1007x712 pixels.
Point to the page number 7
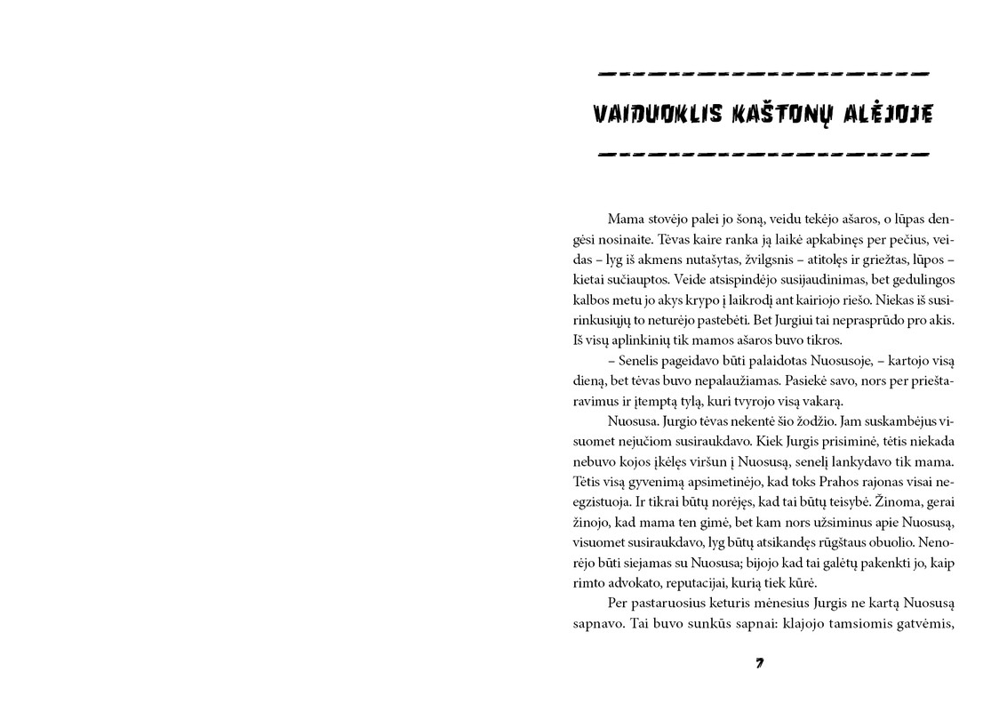760,663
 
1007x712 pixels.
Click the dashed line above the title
763,73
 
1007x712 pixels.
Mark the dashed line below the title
763,153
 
